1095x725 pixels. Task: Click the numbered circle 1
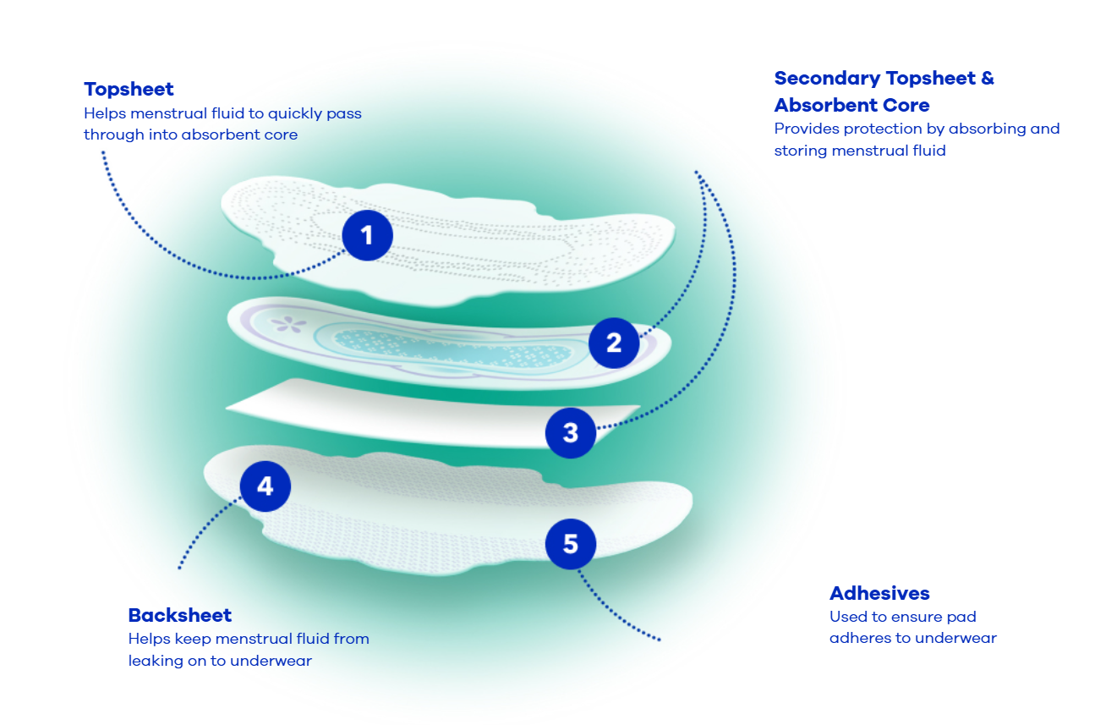coord(368,235)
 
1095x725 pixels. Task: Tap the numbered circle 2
coord(614,343)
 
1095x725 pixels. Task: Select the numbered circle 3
coord(571,433)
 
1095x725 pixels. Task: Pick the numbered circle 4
coord(266,486)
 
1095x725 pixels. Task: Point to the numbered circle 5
coord(571,544)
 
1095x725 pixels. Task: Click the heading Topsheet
coord(129,90)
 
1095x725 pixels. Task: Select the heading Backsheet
coord(180,615)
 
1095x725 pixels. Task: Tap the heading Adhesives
coord(879,593)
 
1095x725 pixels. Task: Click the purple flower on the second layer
coord(288,323)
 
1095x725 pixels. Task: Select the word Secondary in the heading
coord(828,79)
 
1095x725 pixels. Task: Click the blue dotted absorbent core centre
coord(452,348)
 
